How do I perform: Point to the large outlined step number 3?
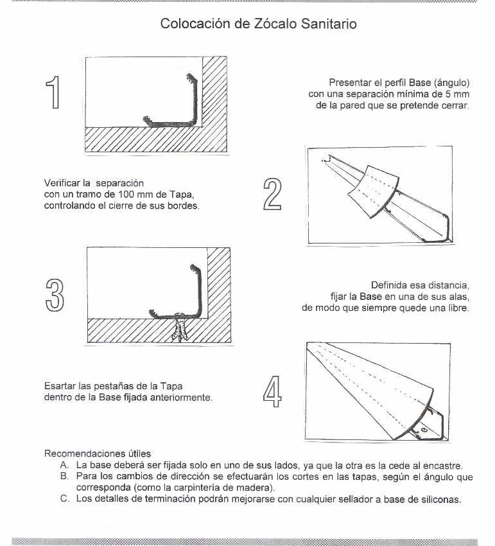[55, 296]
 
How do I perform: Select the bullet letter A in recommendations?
[64, 464]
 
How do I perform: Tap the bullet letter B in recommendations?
[64, 477]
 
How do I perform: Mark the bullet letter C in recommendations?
[64, 499]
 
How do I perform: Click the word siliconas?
[440, 499]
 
